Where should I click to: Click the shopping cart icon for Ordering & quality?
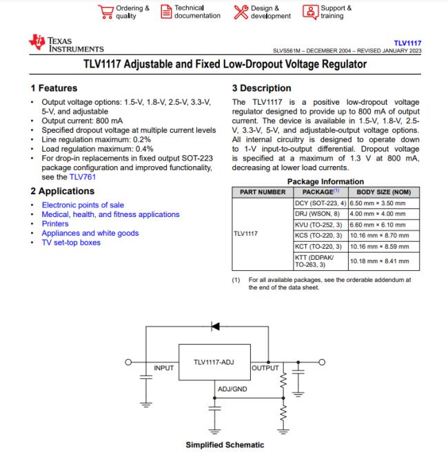coord(105,12)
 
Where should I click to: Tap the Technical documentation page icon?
coord(166,12)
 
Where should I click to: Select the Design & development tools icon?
coord(241,12)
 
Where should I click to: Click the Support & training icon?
coord(311,12)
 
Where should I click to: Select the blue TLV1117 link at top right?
coord(407,43)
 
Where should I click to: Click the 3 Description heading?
coord(262,88)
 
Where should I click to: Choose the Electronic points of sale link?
coord(82,205)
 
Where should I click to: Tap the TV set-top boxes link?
coord(71,243)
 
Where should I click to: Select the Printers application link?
coord(55,224)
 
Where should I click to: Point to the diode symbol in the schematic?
coord(216,326)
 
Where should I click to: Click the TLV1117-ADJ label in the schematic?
coord(213,361)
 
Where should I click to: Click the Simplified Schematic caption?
coord(225,445)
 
